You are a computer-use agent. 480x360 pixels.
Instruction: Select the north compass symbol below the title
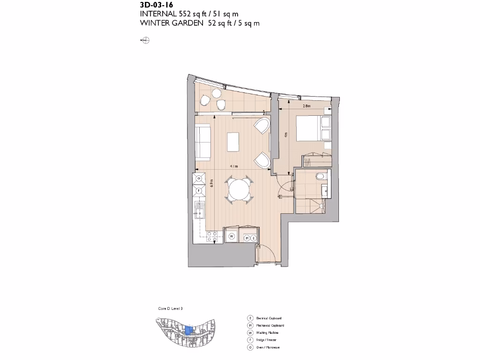(145, 41)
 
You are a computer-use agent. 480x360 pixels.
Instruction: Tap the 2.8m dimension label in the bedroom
(307, 106)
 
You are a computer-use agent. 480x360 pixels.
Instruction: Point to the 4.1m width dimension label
(233, 166)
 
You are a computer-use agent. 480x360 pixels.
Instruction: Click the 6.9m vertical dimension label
(212, 184)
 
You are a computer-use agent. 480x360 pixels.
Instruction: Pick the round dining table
(239, 190)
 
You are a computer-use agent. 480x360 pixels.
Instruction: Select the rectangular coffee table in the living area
(233, 142)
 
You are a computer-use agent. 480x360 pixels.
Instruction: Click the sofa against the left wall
(202, 142)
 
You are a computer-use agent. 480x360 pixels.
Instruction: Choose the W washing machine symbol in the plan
(232, 238)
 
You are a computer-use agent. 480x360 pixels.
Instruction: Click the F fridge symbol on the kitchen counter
(199, 191)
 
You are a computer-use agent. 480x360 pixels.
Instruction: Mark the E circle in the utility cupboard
(254, 238)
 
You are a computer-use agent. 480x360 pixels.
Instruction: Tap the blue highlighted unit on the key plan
(188, 330)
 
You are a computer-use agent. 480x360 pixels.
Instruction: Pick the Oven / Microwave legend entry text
(268, 347)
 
